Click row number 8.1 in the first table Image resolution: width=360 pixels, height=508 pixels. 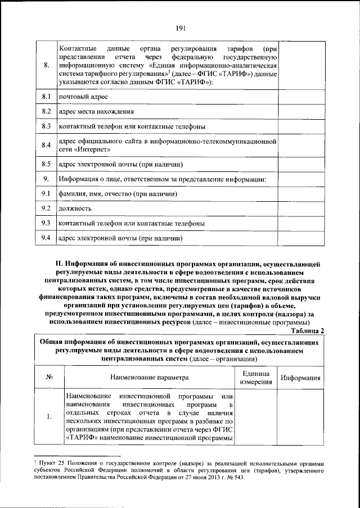tap(47, 97)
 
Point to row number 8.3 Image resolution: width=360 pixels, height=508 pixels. tap(47, 126)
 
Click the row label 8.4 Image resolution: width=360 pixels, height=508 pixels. tap(47, 146)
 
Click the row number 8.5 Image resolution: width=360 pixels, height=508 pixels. tap(47, 165)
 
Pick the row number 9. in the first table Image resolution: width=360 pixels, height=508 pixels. tap(47, 179)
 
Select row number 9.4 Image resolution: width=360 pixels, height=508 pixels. tap(47, 238)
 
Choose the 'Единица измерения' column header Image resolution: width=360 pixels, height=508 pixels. tap(256, 378)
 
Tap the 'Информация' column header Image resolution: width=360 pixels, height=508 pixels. tap(301, 378)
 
